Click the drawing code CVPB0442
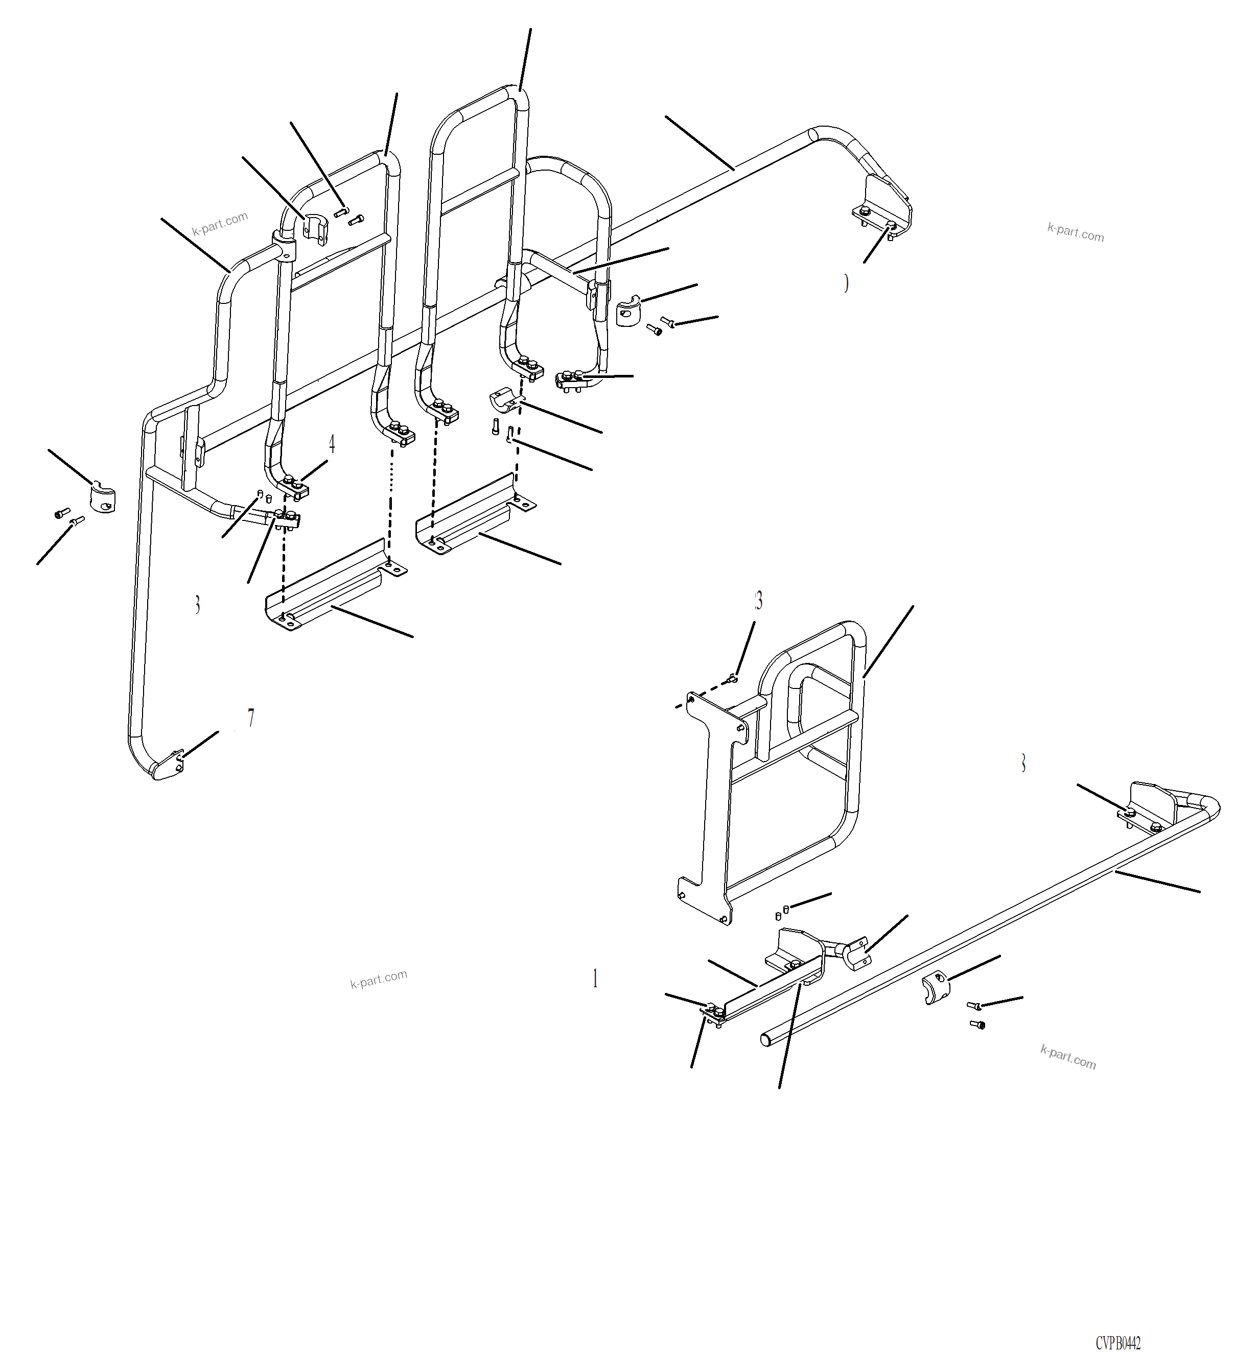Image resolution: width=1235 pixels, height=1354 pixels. (x=1118, y=1343)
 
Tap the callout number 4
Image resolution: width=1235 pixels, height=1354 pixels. (x=331, y=443)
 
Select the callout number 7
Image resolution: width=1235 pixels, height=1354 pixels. (x=251, y=718)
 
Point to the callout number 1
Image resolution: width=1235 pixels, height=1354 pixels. (x=595, y=979)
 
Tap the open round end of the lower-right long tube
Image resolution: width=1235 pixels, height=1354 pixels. (x=766, y=1040)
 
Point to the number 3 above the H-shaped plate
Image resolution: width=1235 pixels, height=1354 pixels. (x=758, y=601)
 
